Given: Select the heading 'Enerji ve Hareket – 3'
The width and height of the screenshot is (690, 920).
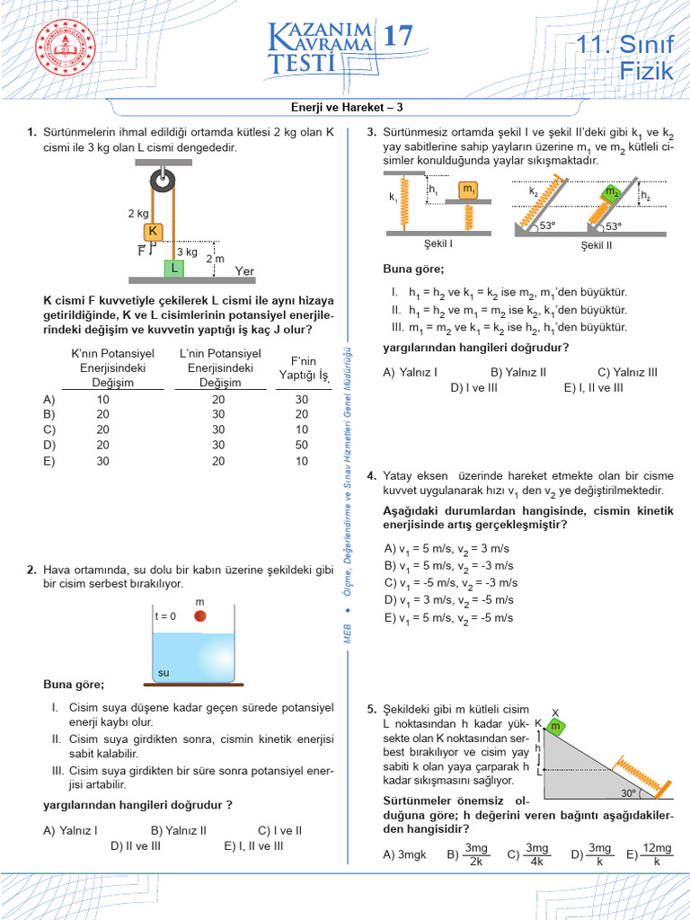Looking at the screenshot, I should [344, 107].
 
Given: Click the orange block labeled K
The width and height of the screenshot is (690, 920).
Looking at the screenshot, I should [154, 232].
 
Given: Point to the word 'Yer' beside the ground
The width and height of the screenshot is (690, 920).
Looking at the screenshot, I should [244, 270].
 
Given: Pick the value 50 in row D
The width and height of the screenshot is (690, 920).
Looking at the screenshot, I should [301, 445].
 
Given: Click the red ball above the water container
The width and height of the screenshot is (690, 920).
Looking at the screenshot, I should [200, 615].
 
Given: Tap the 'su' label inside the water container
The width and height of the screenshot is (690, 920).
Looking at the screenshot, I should [164, 672].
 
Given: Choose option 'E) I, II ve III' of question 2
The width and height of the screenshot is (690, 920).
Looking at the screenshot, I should [253, 845].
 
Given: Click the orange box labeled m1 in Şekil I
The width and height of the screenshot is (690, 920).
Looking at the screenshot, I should [469, 190].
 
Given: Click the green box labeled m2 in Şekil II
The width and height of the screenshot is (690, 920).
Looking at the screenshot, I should [611, 192].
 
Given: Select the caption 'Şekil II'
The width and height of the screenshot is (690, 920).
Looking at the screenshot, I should [597, 243].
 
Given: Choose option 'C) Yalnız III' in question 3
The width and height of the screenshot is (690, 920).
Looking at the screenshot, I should [627, 372].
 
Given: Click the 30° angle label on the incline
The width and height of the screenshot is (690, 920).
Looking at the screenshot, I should [630, 793].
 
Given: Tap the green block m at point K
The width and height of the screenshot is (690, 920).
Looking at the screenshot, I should [556, 725].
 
